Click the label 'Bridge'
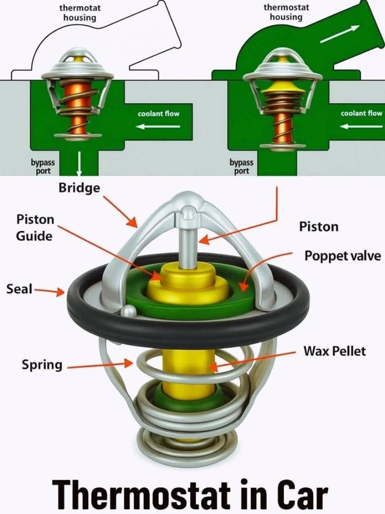(x=79, y=188)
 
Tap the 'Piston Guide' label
(x=35, y=227)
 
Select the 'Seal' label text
(x=19, y=289)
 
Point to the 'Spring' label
(x=42, y=365)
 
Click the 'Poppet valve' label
(x=342, y=256)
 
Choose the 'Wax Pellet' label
(x=335, y=351)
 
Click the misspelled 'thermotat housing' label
(x=80, y=13)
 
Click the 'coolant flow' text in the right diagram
(x=361, y=113)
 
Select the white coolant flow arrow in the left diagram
(x=158, y=127)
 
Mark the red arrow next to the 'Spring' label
(x=100, y=366)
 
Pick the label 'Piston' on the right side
(x=318, y=227)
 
